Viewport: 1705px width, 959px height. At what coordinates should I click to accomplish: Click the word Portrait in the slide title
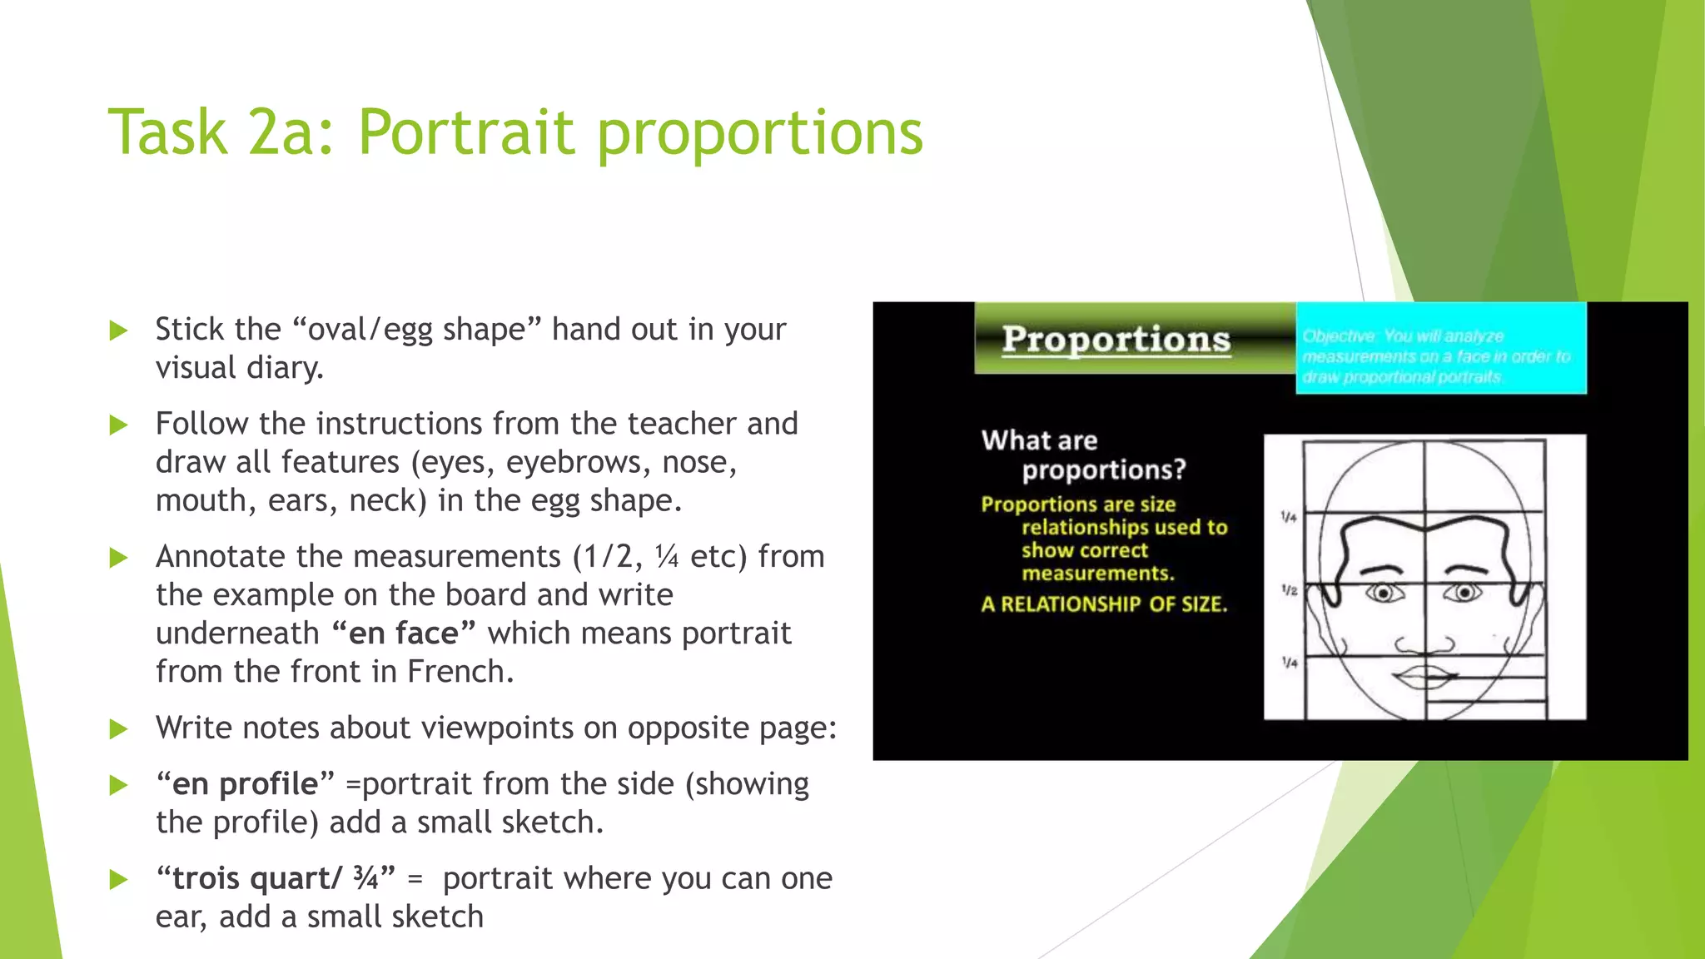click(466, 133)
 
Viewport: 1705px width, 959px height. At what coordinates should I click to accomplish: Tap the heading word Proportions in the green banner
click(1116, 339)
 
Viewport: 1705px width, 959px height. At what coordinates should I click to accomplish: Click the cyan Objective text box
click(1441, 349)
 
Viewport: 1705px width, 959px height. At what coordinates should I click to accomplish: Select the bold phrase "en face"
click(403, 634)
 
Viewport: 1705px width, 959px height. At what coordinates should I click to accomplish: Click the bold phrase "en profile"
click(245, 784)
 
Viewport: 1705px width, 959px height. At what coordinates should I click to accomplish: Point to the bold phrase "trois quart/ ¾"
click(275, 879)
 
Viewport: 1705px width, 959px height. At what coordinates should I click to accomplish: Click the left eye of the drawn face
click(1383, 594)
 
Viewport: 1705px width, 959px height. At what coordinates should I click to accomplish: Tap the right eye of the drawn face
click(1464, 593)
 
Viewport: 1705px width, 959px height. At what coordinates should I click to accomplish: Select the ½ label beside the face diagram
click(1289, 590)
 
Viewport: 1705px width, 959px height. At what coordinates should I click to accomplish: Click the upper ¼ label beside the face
click(1289, 517)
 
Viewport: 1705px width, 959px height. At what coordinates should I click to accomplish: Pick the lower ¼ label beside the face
click(1289, 663)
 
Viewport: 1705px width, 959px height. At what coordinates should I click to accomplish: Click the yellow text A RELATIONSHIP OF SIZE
click(1104, 604)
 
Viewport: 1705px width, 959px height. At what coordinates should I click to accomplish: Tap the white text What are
click(1039, 440)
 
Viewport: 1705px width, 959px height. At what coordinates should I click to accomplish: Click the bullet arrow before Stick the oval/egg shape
click(119, 330)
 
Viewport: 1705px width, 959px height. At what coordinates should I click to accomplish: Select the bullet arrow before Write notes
click(119, 730)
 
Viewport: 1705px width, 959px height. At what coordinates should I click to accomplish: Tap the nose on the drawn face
click(1424, 643)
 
